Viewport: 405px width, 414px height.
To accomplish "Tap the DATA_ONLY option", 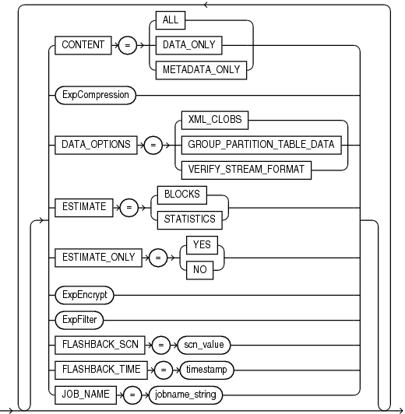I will pyautogui.click(x=190, y=46).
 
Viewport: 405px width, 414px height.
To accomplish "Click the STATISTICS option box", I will pyautogui.click(x=189, y=219).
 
